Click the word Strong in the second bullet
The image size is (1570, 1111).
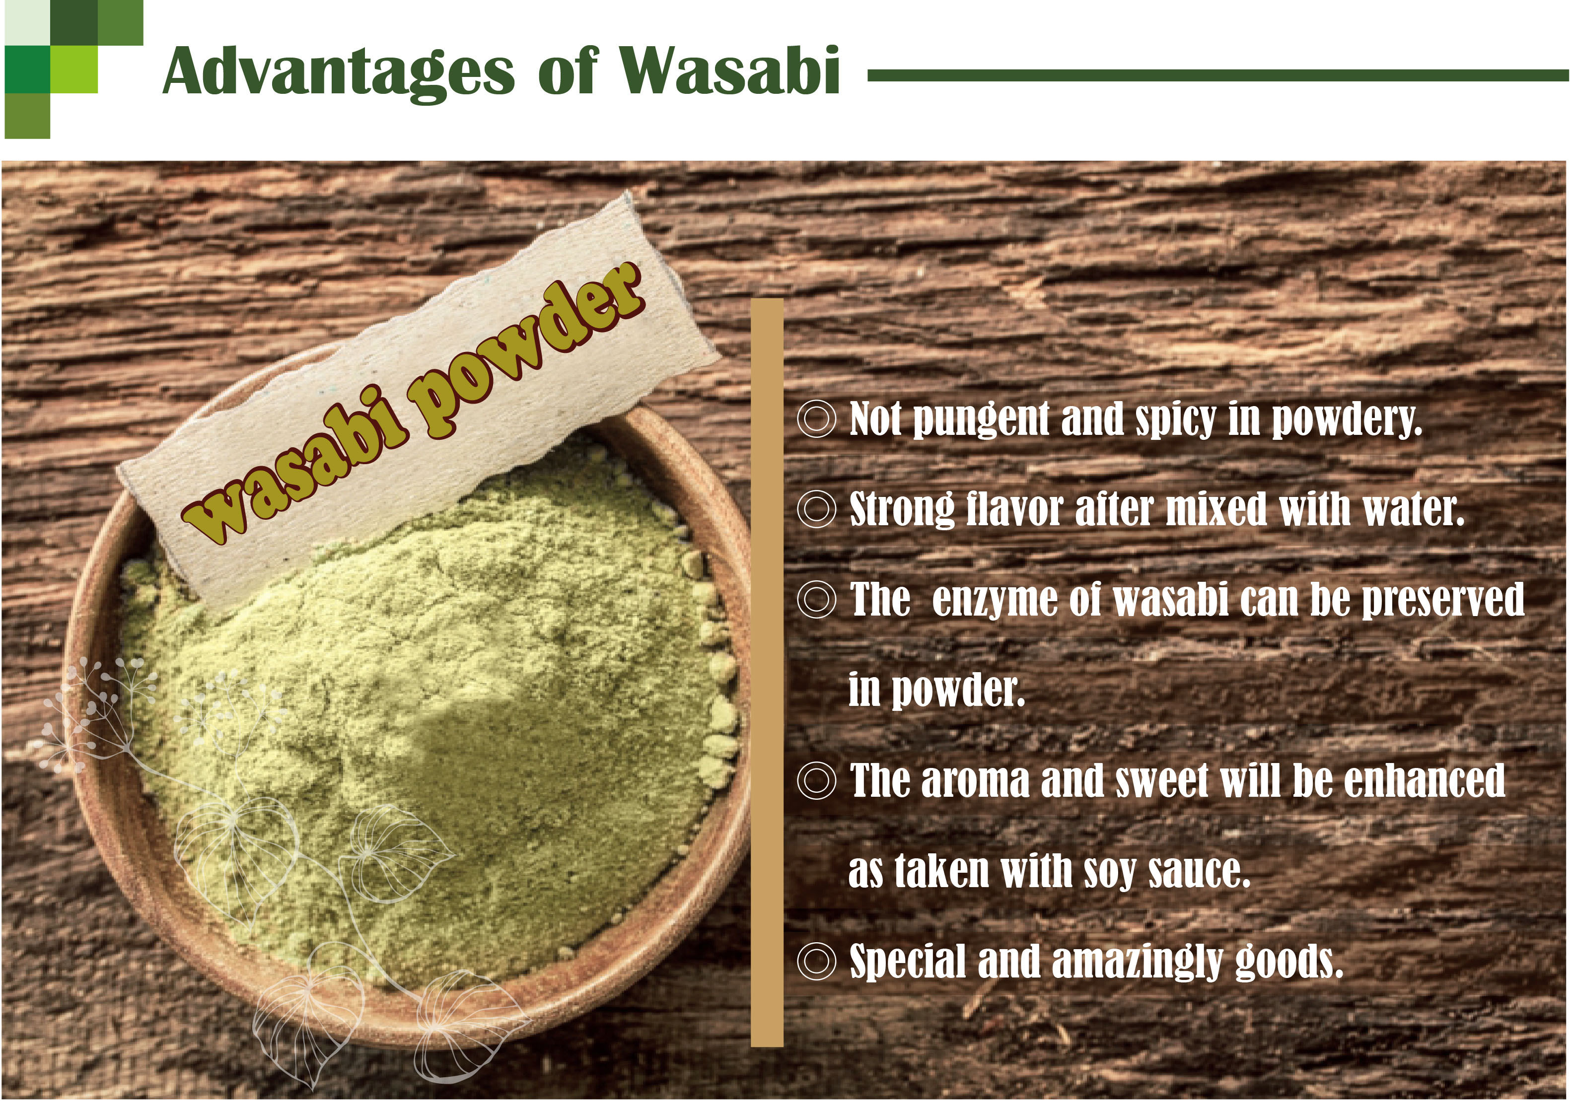point(902,510)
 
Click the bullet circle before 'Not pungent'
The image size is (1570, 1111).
point(817,418)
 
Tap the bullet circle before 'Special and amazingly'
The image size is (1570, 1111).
point(817,961)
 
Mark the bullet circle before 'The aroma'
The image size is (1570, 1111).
point(817,780)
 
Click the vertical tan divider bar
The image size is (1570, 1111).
point(767,673)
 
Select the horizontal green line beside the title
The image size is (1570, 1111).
point(1217,76)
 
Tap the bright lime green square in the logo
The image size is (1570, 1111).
point(74,69)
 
